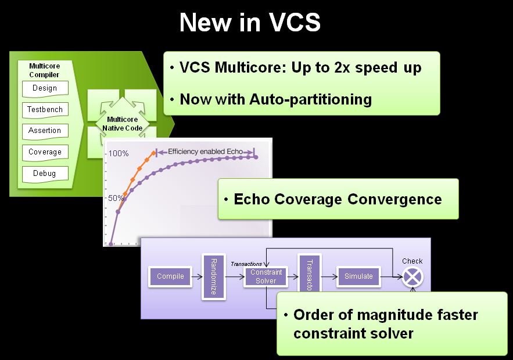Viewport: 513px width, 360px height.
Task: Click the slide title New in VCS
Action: point(250,23)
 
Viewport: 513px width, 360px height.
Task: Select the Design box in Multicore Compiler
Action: point(45,88)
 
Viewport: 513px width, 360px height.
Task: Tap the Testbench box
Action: point(45,109)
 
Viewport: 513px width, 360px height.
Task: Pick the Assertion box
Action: point(45,131)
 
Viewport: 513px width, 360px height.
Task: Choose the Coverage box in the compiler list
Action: point(45,152)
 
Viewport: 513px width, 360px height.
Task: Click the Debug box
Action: point(45,173)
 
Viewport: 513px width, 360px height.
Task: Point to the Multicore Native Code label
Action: point(122,123)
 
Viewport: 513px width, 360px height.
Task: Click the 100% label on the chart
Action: point(119,154)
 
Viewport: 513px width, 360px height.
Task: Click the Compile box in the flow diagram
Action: point(170,276)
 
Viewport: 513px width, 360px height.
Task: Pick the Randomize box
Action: point(213,276)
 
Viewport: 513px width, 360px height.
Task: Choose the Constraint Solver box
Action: point(266,276)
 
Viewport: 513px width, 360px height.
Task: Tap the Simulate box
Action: point(358,276)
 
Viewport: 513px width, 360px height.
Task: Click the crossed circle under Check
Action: point(412,277)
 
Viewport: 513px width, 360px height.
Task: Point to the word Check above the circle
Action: point(412,261)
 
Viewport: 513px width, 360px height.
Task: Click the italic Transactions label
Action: point(246,264)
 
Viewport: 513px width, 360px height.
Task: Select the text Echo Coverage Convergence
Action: point(338,199)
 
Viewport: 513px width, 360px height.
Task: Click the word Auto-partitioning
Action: point(310,99)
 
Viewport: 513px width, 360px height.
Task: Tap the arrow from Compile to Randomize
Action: point(196,276)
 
